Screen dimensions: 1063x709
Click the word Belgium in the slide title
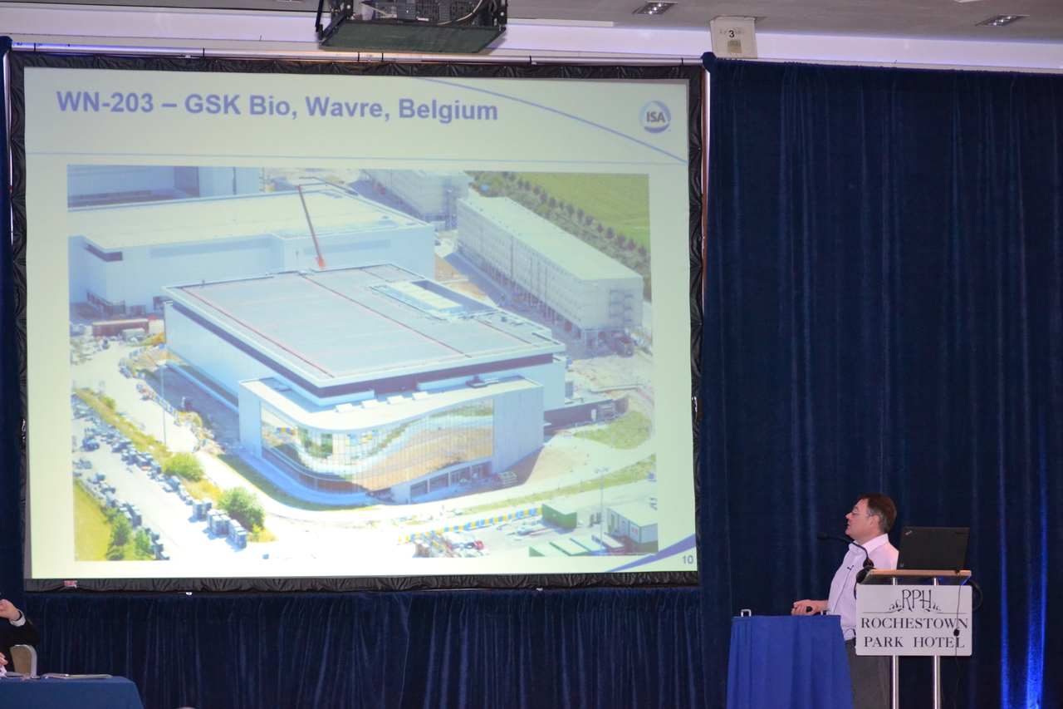[x=448, y=110]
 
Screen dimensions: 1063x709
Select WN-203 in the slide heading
[x=105, y=101]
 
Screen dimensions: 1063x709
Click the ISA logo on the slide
[x=655, y=117]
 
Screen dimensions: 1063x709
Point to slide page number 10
[x=687, y=559]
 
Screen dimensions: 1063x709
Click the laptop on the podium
[x=932, y=549]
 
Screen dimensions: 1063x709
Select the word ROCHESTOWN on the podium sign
[x=914, y=623]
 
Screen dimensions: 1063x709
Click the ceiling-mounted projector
[x=412, y=25]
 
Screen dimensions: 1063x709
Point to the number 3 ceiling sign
[x=732, y=37]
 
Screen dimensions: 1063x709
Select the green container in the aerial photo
[x=559, y=515]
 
